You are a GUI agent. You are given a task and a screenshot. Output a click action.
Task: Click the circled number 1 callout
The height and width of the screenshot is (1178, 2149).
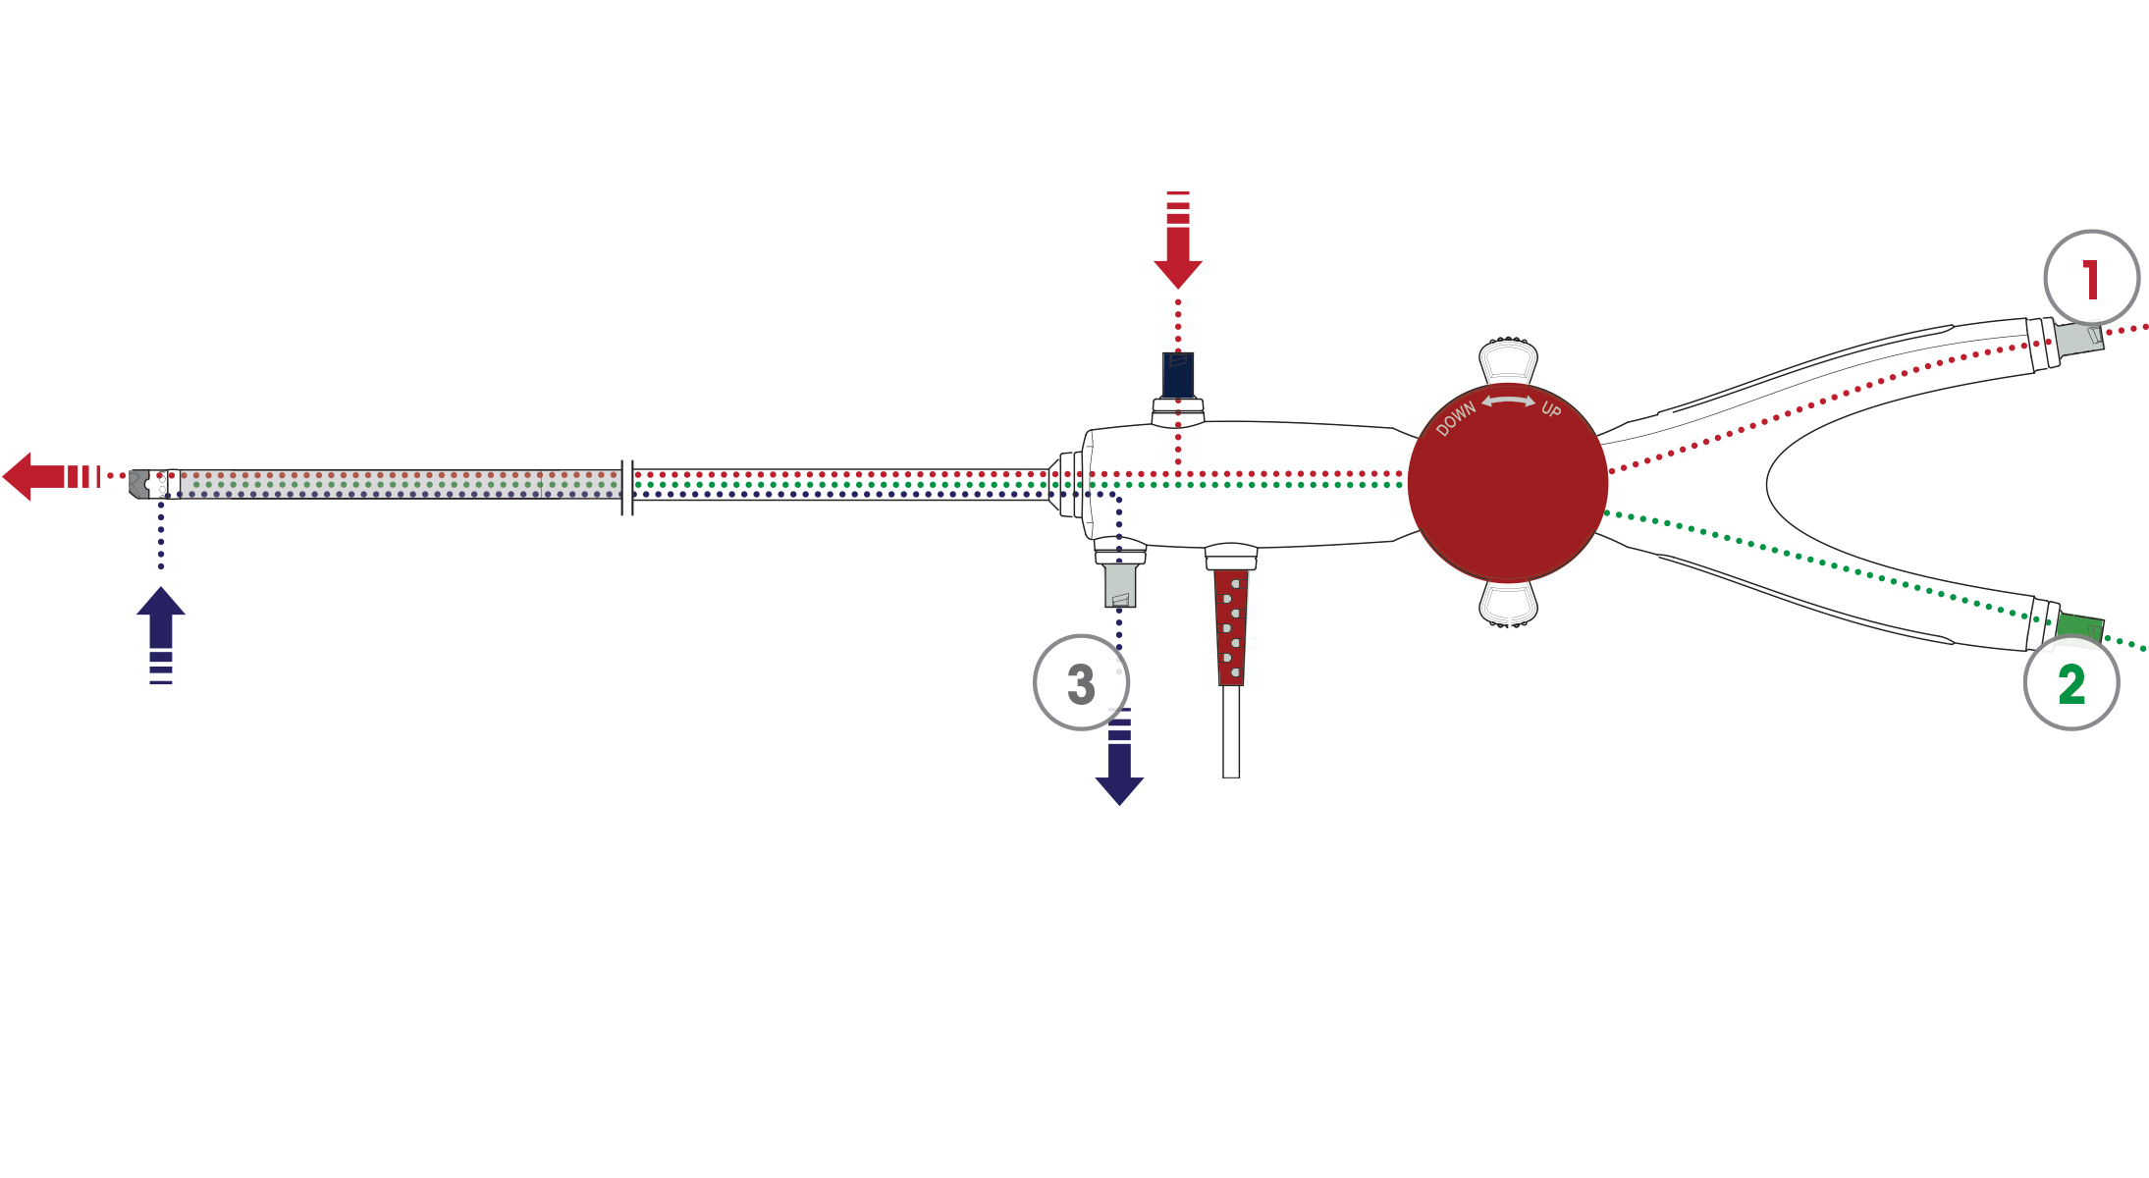pos(2091,279)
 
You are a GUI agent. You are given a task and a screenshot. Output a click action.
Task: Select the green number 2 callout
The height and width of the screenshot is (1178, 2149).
pos(2071,683)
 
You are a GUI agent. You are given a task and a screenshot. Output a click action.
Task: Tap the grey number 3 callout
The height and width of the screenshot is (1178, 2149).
pos(1081,683)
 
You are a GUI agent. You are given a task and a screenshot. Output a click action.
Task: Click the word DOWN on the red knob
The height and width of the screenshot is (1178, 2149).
pos(1456,418)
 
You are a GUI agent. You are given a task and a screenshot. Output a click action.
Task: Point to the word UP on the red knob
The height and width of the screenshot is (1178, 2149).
pos(1551,408)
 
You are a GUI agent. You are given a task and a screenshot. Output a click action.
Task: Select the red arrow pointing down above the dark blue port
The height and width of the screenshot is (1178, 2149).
pos(1178,240)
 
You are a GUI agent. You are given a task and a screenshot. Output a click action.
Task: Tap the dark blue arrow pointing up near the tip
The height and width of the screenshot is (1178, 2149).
pos(161,635)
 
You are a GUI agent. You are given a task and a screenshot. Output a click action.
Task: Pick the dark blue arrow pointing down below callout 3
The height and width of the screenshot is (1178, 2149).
pos(1119,756)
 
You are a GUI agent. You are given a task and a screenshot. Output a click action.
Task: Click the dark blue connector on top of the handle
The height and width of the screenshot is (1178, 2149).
pos(1178,375)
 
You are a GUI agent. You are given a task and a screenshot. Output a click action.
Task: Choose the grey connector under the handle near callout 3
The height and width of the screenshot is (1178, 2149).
pos(1120,585)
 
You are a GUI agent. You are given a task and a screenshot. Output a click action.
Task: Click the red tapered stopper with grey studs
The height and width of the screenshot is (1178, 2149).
pos(1231,627)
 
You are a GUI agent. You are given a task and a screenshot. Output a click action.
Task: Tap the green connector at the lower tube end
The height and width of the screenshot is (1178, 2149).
pos(2080,628)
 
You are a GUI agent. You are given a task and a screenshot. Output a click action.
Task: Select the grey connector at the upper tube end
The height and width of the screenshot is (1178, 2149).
pos(2080,339)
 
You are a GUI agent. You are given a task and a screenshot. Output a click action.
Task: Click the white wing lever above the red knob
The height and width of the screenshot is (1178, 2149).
pos(1508,360)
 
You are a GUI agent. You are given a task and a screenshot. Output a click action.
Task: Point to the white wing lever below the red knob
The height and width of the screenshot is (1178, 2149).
pos(1508,604)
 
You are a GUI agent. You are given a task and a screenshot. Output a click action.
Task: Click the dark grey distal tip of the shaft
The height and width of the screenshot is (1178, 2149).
pos(139,484)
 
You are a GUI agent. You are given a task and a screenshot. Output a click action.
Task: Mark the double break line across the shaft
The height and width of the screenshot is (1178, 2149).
pos(627,488)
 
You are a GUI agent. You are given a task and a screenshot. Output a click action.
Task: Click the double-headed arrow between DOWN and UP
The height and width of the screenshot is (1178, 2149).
pos(1509,401)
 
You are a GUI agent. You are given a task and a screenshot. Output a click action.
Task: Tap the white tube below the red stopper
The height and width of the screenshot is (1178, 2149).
pos(1231,732)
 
